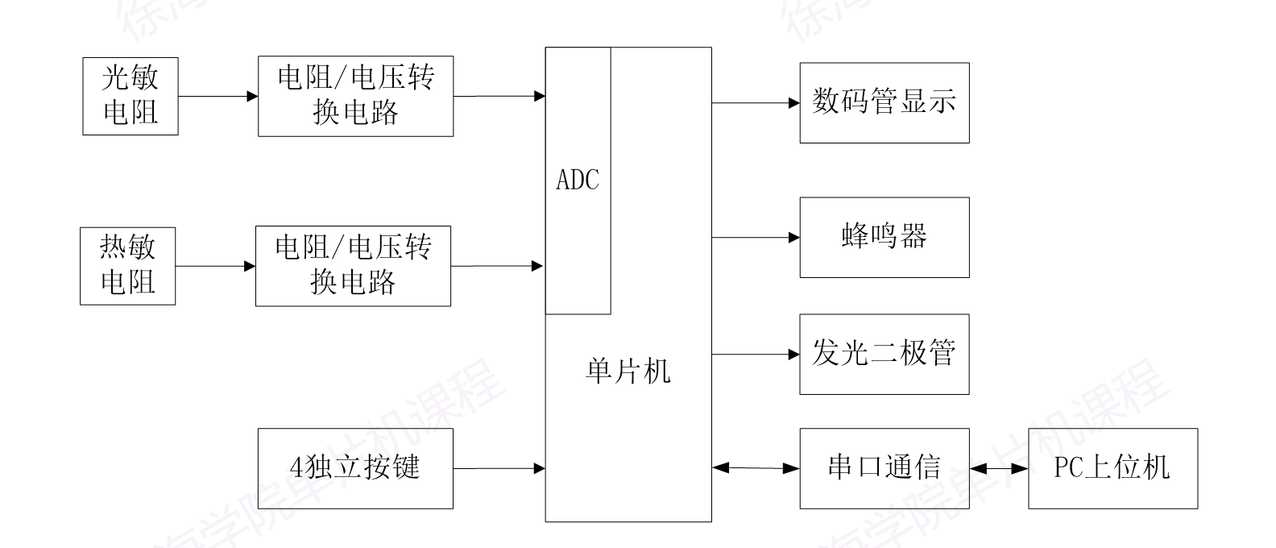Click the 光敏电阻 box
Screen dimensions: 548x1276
(130, 96)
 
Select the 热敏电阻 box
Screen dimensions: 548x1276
(127, 266)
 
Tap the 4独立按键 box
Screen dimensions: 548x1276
(355, 468)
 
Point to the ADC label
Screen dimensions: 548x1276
(578, 180)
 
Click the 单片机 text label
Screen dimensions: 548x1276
(628, 372)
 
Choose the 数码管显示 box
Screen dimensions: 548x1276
(884, 103)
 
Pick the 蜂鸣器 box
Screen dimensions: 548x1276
(884, 238)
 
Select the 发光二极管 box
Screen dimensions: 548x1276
(884, 355)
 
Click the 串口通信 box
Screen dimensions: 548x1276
(884, 468)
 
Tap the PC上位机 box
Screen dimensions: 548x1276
(1112, 468)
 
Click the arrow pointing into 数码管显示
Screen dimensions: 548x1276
(756, 103)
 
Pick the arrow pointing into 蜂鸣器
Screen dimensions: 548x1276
(756, 238)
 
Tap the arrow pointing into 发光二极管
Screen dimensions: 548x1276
(756, 355)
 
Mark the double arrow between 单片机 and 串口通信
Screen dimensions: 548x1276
(756, 467)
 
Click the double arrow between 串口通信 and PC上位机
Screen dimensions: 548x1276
(999, 468)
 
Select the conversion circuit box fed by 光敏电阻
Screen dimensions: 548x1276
(355, 96)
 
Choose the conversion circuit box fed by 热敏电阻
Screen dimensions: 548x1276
(353, 266)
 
